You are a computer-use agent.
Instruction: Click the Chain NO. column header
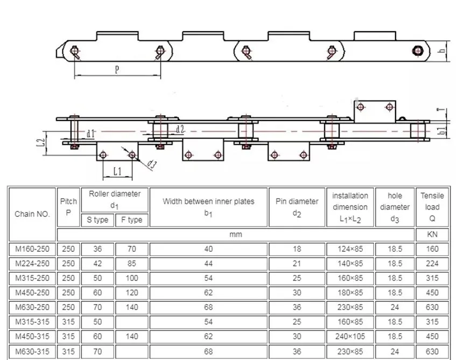(32, 214)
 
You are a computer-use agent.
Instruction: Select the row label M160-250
(32, 249)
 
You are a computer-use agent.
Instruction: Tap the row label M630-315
(32, 351)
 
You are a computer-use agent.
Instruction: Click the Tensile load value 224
(432, 264)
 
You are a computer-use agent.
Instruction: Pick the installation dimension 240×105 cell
(350, 337)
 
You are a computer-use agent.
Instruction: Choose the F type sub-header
(131, 220)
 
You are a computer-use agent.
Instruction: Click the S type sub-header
(97, 220)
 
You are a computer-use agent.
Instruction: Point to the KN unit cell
(432, 235)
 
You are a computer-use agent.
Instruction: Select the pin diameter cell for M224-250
(297, 264)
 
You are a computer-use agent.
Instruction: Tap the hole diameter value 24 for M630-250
(395, 308)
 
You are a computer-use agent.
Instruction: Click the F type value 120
(131, 293)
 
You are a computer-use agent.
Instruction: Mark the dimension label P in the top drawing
(117, 69)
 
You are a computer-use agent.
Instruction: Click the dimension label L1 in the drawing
(117, 171)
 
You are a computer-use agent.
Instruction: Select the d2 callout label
(180, 129)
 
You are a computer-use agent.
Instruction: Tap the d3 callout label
(152, 165)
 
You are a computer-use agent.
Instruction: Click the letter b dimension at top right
(441, 51)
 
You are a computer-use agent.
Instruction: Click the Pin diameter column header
(297, 207)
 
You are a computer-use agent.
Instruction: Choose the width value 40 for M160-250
(209, 249)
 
